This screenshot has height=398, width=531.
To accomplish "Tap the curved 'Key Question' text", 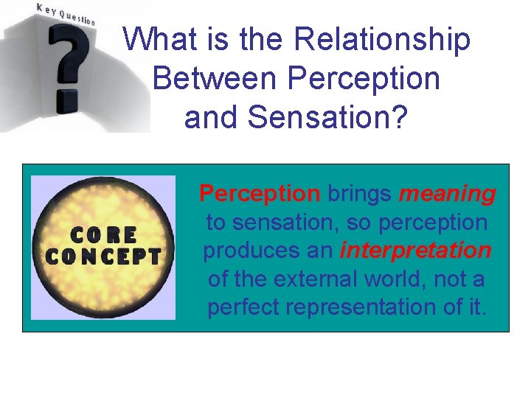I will pos(66,13).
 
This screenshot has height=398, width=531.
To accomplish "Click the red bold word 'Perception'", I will pos(260,194).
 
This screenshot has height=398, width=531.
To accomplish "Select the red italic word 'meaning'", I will pos(447,194).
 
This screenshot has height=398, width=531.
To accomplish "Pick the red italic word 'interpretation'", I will pos(415,251).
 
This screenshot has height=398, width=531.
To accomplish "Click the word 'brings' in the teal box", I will pos(359,194).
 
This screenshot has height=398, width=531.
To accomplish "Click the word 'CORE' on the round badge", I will pos(103,235).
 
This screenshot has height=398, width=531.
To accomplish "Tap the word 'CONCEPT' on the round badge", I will pos(103,256).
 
